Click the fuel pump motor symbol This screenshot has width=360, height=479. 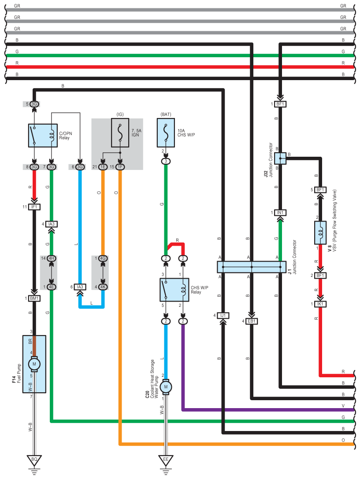(34, 364)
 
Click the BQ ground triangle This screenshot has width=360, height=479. (34, 460)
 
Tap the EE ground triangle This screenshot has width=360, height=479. (166, 460)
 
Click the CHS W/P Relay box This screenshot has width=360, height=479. (174, 290)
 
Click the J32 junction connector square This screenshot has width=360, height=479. (280, 158)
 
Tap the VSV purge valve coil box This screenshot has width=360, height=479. (320, 232)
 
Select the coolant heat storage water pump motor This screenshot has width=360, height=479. (166, 387)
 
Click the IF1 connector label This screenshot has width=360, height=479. (34, 206)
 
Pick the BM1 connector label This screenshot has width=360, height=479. (34, 298)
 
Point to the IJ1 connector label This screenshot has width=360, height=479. (223, 315)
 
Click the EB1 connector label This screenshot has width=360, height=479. (252, 321)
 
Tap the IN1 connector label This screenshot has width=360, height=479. (280, 213)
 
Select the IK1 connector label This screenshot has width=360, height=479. (320, 304)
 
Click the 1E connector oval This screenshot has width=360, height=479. (103, 167)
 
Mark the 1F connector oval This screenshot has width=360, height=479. (120, 167)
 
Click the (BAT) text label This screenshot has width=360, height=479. (166, 114)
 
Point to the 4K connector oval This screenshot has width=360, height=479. (103, 287)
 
